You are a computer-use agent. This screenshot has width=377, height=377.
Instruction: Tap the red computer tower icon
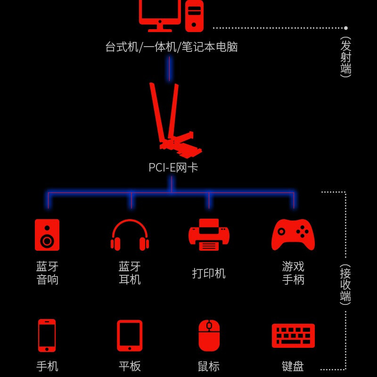coord(194,16)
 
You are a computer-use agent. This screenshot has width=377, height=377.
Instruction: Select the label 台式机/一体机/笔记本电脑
coord(172,47)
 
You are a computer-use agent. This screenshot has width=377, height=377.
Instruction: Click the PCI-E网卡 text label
coord(173,167)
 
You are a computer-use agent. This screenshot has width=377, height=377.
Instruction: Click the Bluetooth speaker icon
coord(47,235)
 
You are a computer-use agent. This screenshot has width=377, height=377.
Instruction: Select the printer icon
coord(209,235)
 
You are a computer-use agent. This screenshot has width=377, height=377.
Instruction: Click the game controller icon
coord(293,235)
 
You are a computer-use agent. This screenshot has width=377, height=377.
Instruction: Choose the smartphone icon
coord(47,336)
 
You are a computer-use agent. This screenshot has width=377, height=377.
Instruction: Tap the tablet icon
coord(130,336)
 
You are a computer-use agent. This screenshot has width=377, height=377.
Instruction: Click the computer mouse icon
coord(209,336)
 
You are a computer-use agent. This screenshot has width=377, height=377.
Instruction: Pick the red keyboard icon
coord(293,336)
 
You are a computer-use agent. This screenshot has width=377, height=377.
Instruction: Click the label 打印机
coord(209,273)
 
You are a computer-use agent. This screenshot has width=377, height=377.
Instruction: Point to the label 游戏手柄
coord(293,273)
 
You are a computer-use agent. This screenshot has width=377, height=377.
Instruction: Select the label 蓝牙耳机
coord(130,273)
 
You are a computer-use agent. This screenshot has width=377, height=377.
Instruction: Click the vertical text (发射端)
coord(346,57)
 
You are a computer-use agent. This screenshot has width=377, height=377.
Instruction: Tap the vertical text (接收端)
coord(345,285)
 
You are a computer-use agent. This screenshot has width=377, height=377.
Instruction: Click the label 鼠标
coord(209,366)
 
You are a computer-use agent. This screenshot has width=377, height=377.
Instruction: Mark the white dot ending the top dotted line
coord(346,28)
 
